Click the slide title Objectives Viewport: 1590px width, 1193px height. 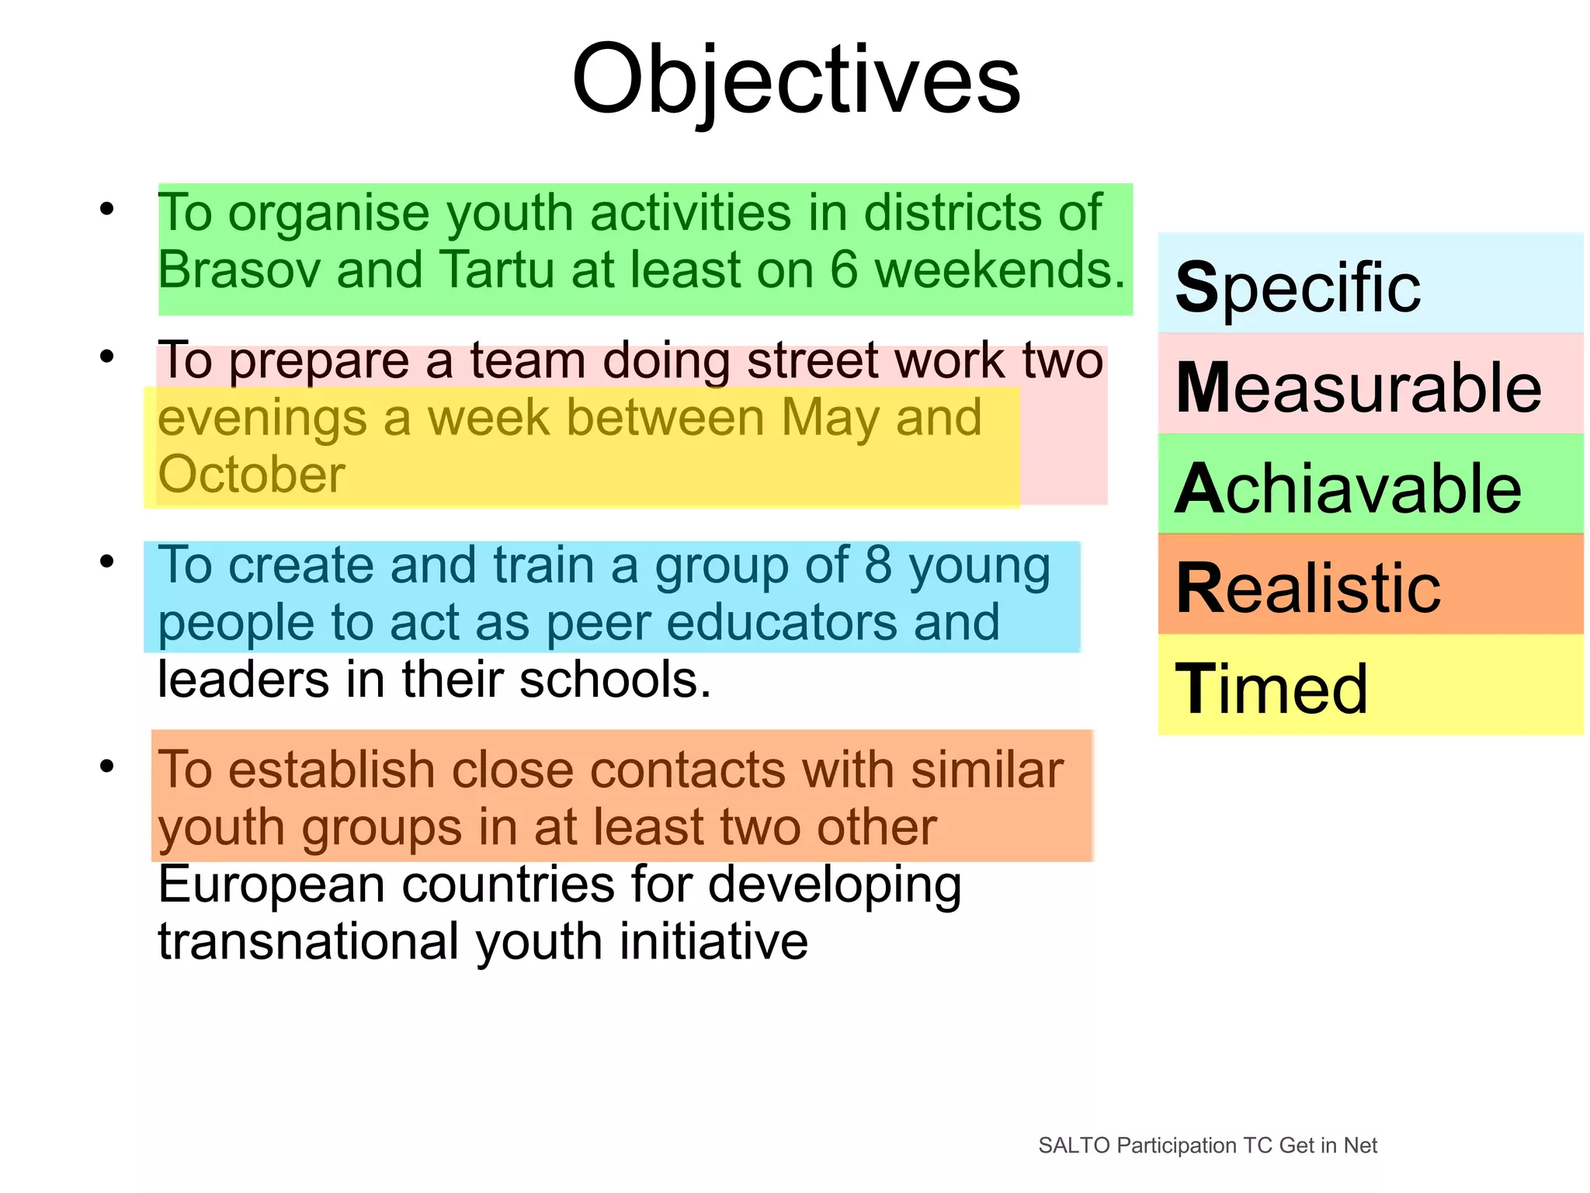[796, 80]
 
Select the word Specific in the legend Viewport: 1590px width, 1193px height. [1297, 288]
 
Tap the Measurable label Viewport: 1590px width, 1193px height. [1358, 388]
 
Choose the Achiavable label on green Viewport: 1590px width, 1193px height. [1348, 489]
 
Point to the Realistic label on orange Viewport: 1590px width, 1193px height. [1308, 588]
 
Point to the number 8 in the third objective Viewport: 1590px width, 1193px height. [878, 565]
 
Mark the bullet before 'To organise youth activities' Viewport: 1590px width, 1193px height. [107, 208]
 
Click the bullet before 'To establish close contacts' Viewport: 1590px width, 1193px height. [107, 766]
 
